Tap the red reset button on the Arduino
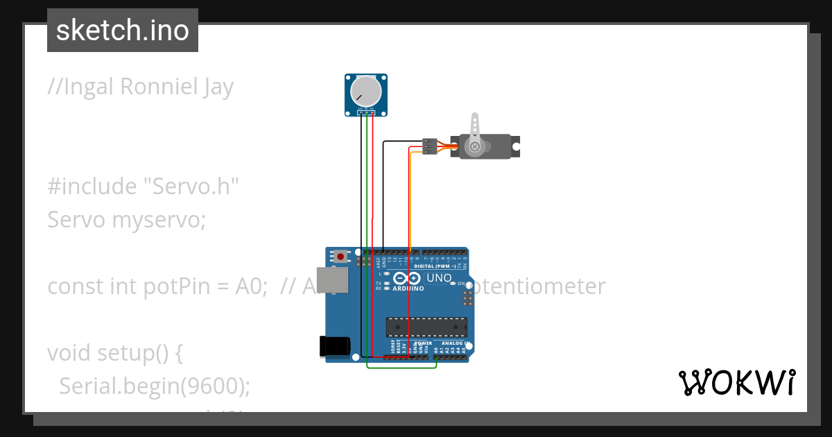(340, 256)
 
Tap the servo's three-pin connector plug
(431, 146)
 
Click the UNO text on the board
(439, 278)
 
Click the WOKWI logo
(736, 382)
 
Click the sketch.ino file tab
(123, 31)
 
